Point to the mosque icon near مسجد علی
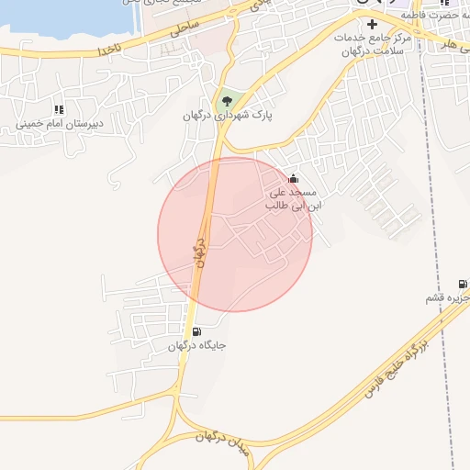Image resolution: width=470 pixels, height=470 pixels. click(x=293, y=178)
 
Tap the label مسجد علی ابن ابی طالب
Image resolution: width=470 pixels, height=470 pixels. click(x=291, y=199)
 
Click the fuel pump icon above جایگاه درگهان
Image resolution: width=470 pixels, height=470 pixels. click(x=197, y=331)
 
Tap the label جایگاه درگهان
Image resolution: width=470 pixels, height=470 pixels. click(x=197, y=346)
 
